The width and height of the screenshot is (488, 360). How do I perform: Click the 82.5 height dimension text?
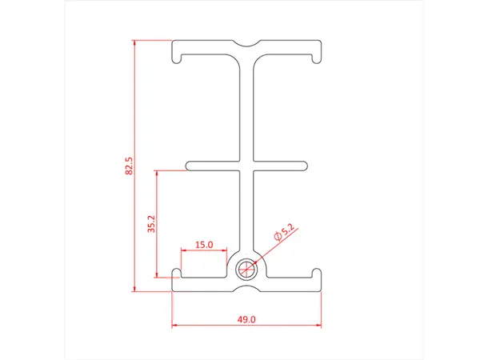click(x=129, y=166)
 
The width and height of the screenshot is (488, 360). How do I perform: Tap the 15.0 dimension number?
click(x=204, y=245)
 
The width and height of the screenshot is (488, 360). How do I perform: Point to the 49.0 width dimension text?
click(x=246, y=319)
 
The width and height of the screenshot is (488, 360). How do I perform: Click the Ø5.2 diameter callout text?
click(x=285, y=233)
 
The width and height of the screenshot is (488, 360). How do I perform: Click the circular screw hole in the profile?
click(x=247, y=269)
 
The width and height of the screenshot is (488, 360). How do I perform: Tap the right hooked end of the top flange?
click(x=318, y=54)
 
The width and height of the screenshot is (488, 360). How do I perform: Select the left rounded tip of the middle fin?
click(x=190, y=166)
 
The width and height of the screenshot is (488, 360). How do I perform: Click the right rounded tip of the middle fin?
click(x=304, y=166)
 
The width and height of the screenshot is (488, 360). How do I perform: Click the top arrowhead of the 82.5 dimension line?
click(x=135, y=43)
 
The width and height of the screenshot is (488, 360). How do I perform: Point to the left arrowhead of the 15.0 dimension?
click(x=185, y=251)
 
